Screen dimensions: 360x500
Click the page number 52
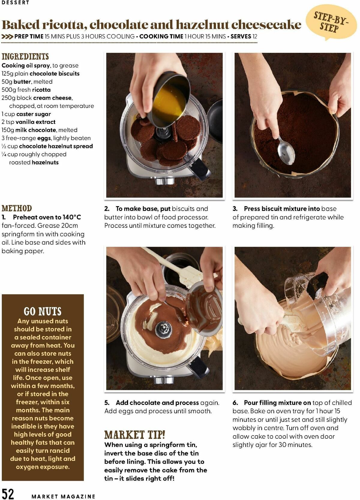(x=8, y=493)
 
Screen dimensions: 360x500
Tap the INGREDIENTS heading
(x=25, y=56)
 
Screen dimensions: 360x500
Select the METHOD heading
(x=17, y=208)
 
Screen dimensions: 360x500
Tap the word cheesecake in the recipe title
(x=266, y=24)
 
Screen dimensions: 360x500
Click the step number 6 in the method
(x=235, y=403)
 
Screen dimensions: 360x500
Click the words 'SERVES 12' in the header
(x=244, y=36)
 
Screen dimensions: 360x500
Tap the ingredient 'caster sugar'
(x=34, y=114)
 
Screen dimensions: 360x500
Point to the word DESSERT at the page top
(x=15, y=2)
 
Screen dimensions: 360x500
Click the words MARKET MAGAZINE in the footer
(x=63, y=496)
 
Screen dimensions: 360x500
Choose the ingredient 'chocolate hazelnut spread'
(x=56, y=146)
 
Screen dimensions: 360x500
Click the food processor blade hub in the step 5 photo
(x=163, y=329)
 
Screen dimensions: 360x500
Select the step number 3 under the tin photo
(x=235, y=209)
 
